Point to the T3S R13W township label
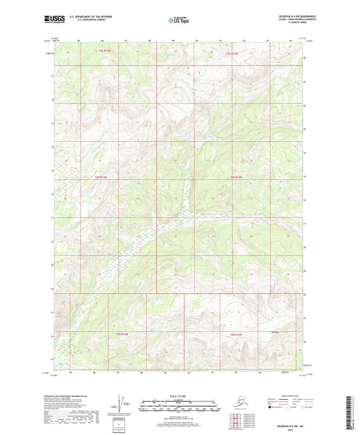click(102, 51)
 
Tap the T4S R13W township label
click(102, 177)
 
